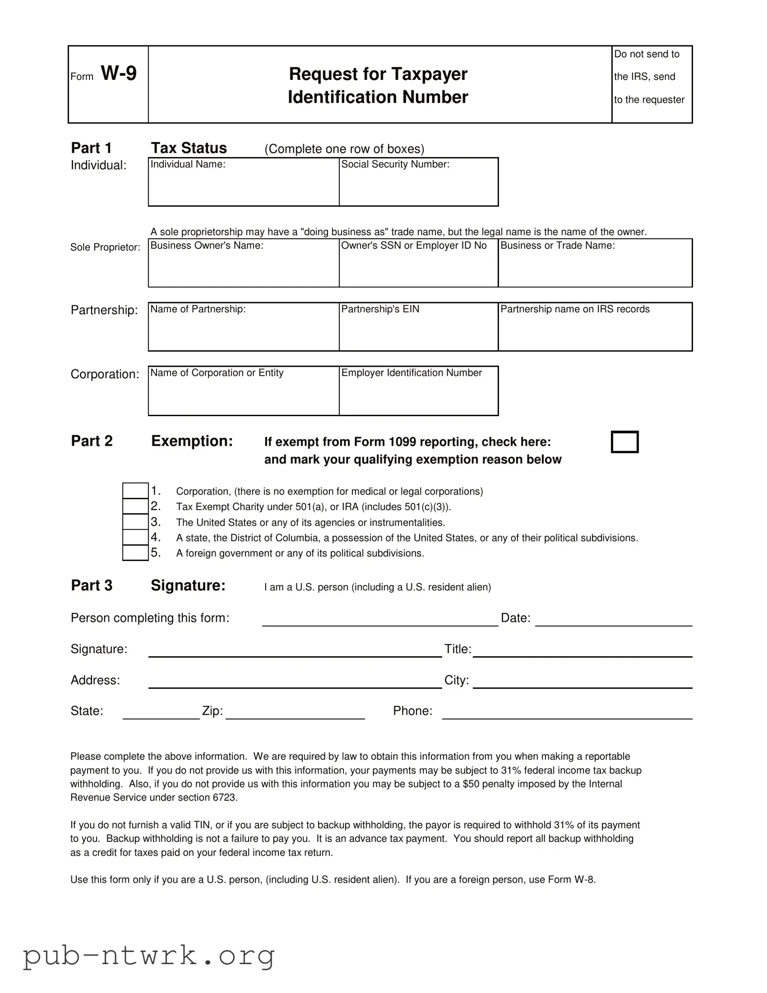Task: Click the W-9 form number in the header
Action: tap(118, 73)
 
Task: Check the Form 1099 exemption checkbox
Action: tap(624, 442)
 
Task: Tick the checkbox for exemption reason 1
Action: tap(136, 491)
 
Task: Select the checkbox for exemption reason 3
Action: tap(136, 521)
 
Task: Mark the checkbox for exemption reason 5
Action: tap(136, 552)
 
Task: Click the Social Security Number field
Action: tap(419, 187)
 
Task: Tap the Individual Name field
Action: tap(244, 187)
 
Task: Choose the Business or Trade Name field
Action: tap(595, 267)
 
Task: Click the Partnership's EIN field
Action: tap(419, 331)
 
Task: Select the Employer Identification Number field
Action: tap(419, 395)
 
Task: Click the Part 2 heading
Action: tap(91, 441)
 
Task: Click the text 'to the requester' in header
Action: tap(649, 99)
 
